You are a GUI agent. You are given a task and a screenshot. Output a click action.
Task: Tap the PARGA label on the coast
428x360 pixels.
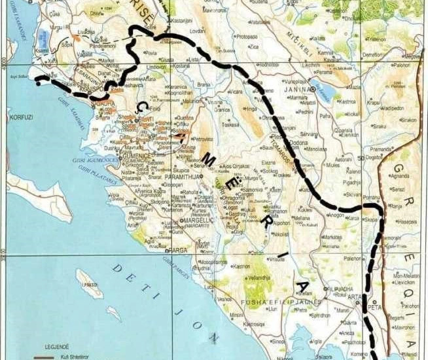coord(178,250)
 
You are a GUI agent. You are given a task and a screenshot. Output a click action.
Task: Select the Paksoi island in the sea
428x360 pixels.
coord(89,283)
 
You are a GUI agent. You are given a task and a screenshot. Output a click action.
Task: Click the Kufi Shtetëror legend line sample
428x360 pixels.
coord(44,357)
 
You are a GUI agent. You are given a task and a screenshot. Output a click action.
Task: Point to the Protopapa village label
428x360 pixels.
coord(247,37)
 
